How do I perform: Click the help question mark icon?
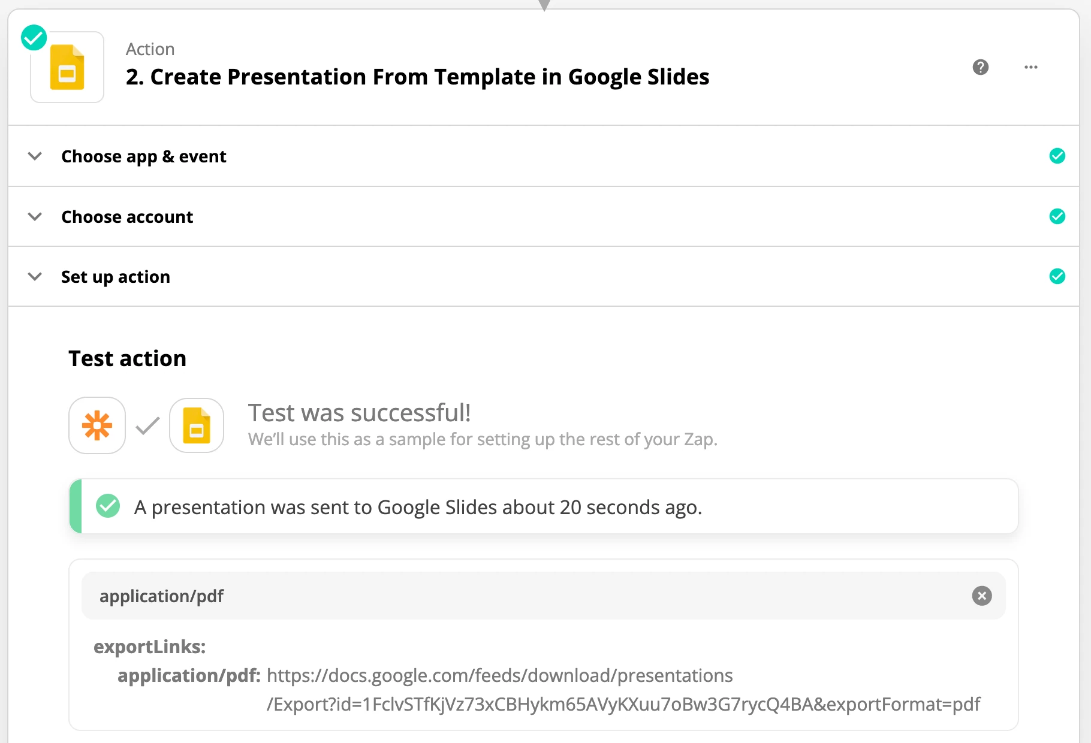tap(980, 67)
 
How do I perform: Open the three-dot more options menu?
tap(1030, 67)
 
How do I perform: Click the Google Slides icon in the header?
tap(67, 68)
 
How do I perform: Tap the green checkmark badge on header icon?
tap(34, 38)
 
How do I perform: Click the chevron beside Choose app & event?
tap(35, 156)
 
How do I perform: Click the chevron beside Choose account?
tap(35, 216)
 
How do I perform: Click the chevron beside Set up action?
tap(35, 276)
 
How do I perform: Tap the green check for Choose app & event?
tap(1057, 156)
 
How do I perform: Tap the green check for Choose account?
tap(1057, 216)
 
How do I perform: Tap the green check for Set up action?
tap(1057, 276)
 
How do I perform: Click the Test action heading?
tap(127, 358)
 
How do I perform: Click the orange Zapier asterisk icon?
tap(97, 425)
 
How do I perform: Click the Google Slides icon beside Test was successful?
tap(197, 425)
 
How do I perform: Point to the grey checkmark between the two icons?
tap(147, 425)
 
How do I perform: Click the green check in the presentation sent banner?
tap(108, 506)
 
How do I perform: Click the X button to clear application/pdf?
tap(981, 596)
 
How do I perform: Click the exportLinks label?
tap(149, 647)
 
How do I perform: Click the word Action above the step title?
tap(150, 49)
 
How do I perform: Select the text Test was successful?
tap(359, 413)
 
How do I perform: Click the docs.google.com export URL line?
tap(499, 675)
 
